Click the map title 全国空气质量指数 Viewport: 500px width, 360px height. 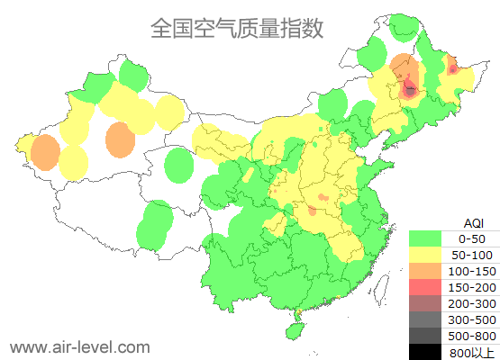click(236, 28)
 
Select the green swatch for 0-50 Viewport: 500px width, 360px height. click(429, 238)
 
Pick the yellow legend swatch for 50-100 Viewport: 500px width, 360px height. click(429, 255)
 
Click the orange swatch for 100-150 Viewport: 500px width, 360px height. click(429, 271)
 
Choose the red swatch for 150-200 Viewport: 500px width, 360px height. click(429, 287)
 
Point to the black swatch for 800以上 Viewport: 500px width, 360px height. click(429, 352)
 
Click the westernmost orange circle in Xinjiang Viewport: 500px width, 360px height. click(43, 153)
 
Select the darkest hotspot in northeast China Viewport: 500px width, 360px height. click(410, 89)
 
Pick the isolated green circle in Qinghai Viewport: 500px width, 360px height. click(180, 166)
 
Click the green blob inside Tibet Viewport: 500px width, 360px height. click(156, 224)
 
